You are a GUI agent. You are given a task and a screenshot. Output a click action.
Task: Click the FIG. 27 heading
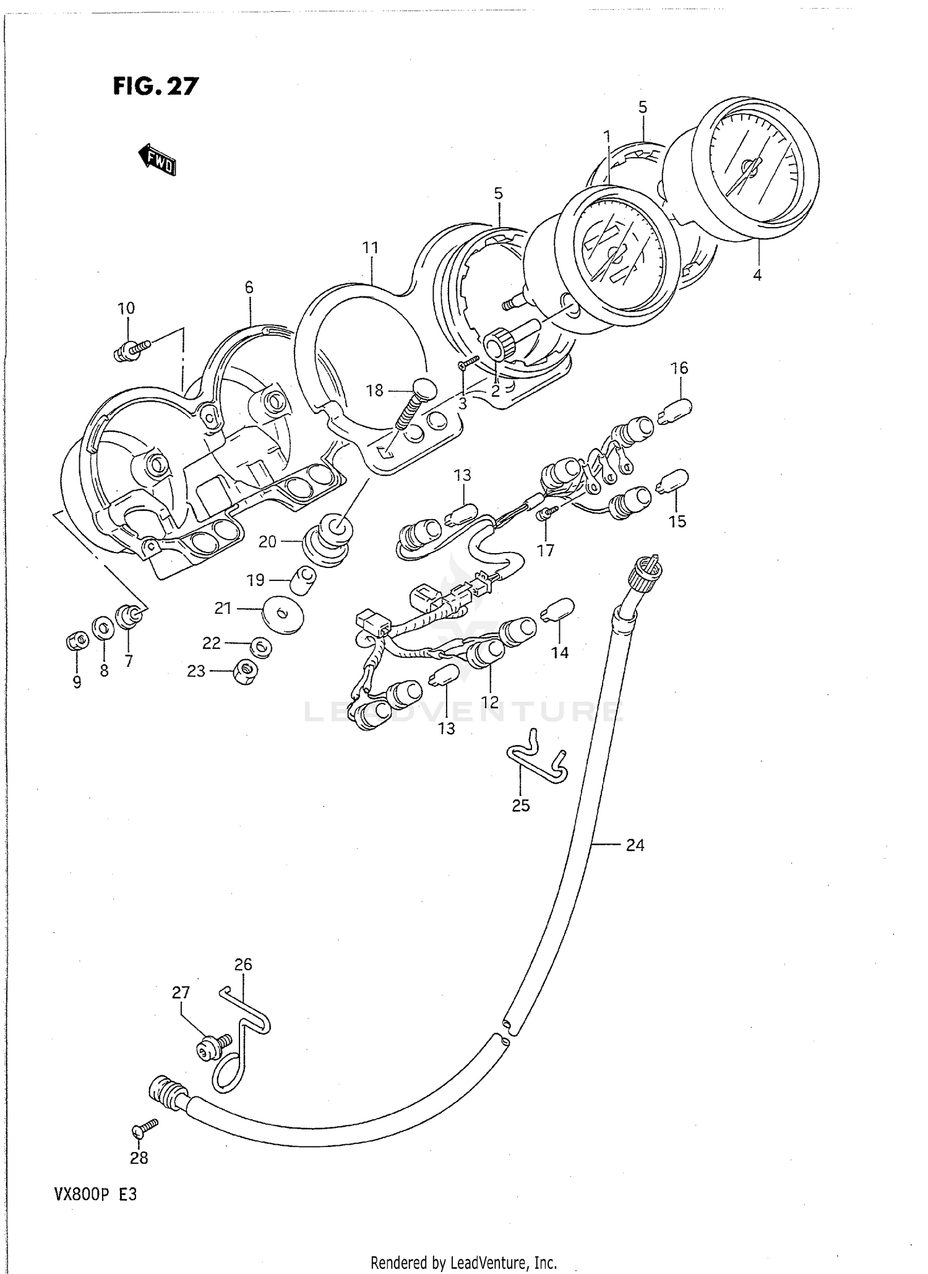(156, 87)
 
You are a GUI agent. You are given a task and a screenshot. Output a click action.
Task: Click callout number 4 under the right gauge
(757, 276)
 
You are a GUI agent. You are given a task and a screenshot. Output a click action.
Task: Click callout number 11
(370, 248)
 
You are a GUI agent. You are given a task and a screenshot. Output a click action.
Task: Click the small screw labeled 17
(548, 513)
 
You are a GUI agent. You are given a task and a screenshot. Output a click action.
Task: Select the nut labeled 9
(75, 642)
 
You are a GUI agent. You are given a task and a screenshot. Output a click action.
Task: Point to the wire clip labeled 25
(536, 759)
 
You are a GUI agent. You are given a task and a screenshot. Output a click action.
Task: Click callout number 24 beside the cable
(635, 845)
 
